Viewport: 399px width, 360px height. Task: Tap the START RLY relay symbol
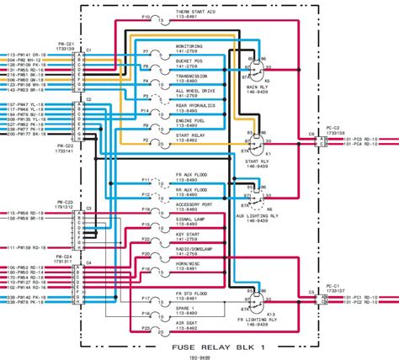click(x=253, y=141)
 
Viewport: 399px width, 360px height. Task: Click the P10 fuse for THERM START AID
click(x=146, y=17)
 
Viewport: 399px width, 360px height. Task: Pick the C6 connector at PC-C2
click(x=319, y=144)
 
